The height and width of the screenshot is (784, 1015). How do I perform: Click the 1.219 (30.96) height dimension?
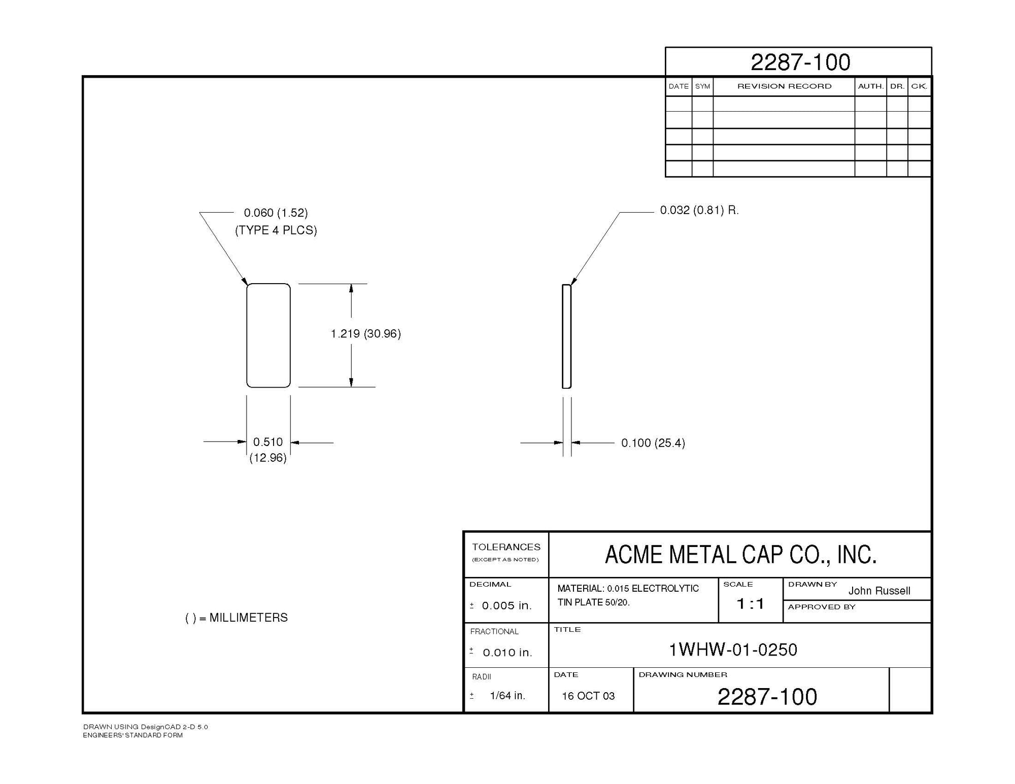pyautogui.click(x=365, y=334)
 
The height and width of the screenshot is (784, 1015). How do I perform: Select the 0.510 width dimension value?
pyautogui.click(x=268, y=442)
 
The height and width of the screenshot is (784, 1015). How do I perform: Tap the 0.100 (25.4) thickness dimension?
pyautogui.click(x=653, y=443)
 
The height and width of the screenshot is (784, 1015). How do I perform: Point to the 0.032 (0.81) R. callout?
pyautogui.click(x=699, y=210)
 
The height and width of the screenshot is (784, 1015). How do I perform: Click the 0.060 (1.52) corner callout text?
pyautogui.click(x=276, y=213)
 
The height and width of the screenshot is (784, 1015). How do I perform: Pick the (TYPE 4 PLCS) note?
pyautogui.click(x=276, y=230)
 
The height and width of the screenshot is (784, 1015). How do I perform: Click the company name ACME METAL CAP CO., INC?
pyautogui.click(x=740, y=555)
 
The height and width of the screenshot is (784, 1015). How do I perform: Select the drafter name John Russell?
pyautogui.click(x=879, y=591)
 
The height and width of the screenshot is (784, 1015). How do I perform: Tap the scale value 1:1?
pyautogui.click(x=750, y=603)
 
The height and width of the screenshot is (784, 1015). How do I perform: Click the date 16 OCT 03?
pyautogui.click(x=588, y=696)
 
